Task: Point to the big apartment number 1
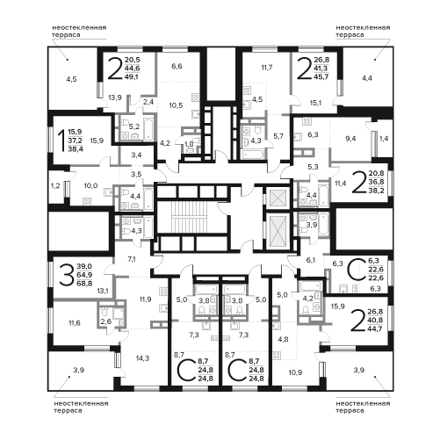pos(61,141)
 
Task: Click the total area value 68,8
pos(84,284)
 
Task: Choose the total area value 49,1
pos(133,77)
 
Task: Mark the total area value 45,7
pos(321,77)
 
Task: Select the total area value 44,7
pos(375,328)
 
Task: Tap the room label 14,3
pos(142,358)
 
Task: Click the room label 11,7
pos(267,68)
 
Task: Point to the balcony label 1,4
pos(384,139)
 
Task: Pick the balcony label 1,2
pos(55,185)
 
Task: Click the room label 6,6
pos(177,66)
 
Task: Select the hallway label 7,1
pos(132,259)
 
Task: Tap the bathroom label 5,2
pos(134,126)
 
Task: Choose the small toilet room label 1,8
pos(189,144)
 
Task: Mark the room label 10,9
pos(295,372)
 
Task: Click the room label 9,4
pos(350,139)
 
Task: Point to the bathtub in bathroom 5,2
pos(148,128)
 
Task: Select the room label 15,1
pos(315,103)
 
